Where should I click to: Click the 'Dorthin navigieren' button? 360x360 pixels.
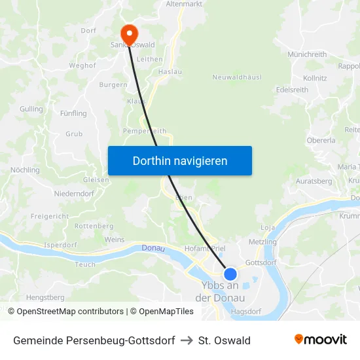tap(180, 160)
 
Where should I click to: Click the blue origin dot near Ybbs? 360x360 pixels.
tap(230, 274)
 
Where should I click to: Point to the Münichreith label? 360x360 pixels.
tap(307, 54)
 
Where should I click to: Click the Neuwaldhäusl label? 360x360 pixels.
tap(237, 77)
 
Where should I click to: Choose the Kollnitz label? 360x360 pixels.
tap(315, 79)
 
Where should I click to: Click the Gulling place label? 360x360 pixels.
tap(31, 109)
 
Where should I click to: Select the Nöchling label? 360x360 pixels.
tap(25, 170)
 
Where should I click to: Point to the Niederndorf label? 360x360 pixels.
tap(74, 194)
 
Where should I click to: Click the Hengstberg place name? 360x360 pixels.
tap(45, 297)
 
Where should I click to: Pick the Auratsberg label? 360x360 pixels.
tap(314, 181)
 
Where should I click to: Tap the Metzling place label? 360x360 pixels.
tap(262, 242)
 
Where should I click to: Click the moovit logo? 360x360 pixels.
tap(320, 339)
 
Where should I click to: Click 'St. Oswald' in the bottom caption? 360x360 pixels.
tap(225, 340)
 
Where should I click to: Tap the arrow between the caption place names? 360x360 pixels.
tap(187, 340)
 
